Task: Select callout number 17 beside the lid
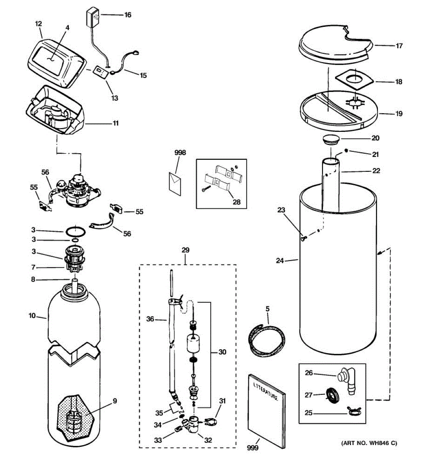[399, 46]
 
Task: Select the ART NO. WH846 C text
[369, 444]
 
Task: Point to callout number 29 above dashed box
[186, 250]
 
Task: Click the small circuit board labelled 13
[99, 72]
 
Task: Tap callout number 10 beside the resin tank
[32, 316]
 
